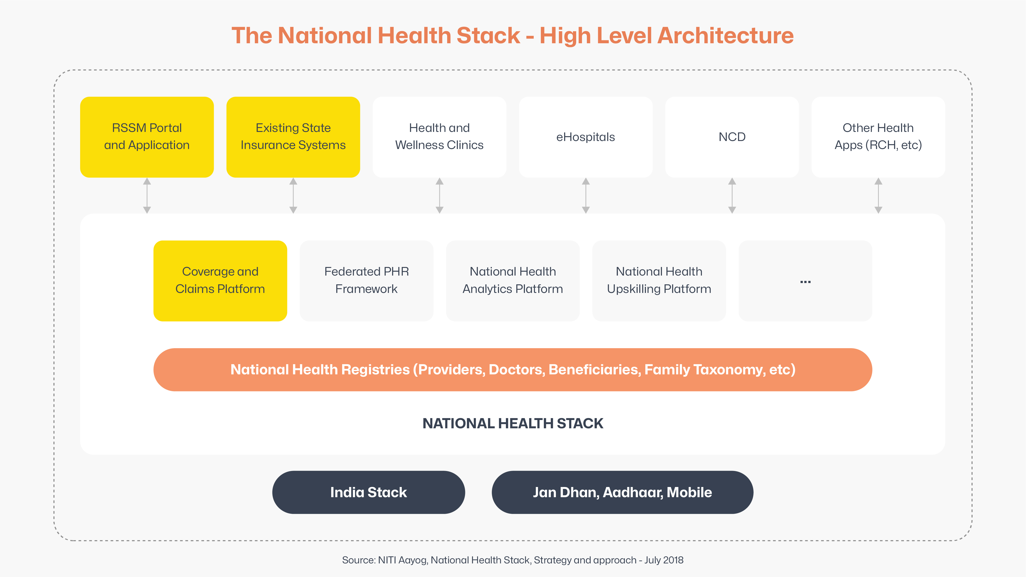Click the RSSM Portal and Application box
147,137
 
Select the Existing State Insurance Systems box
293,137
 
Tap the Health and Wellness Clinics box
439,137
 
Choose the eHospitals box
586,137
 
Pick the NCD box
732,137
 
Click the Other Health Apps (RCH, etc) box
878,137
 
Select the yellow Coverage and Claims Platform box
220,281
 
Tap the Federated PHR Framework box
366,281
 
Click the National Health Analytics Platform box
513,281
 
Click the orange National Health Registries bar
513,370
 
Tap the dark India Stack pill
368,492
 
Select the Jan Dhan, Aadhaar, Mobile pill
623,492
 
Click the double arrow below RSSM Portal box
147,195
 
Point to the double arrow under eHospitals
586,195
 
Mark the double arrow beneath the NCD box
732,195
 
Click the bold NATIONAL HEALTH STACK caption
513,423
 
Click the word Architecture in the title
726,36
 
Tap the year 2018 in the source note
673,560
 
